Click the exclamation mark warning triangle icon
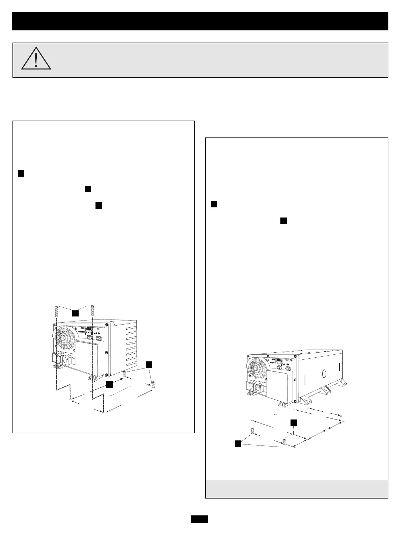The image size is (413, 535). [36, 59]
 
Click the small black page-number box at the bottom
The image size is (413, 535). [199, 519]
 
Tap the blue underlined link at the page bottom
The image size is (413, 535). [67, 532]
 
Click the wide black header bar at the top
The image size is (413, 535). [200, 21]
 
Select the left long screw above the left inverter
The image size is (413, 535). [57, 310]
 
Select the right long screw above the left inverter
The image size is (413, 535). [92, 310]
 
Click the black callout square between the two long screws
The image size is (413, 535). [75, 313]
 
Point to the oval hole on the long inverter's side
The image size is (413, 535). [324, 374]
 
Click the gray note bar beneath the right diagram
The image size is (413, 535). [297, 489]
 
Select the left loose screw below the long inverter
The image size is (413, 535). [252, 431]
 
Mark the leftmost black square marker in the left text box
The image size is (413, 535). [21, 174]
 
